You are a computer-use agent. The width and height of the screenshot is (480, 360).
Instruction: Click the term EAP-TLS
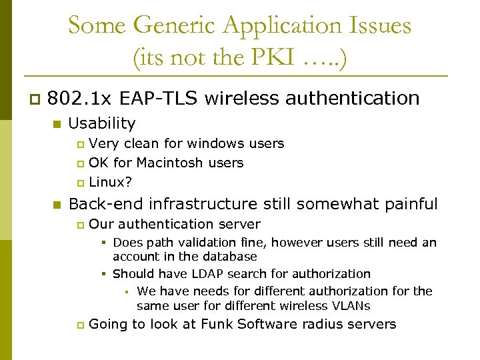pos(159,99)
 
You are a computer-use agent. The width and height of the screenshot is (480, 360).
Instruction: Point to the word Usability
pos(102,123)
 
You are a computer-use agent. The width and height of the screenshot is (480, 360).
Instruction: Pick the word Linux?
pos(110,181)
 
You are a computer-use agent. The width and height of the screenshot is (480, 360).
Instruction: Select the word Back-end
pos(105,204)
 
